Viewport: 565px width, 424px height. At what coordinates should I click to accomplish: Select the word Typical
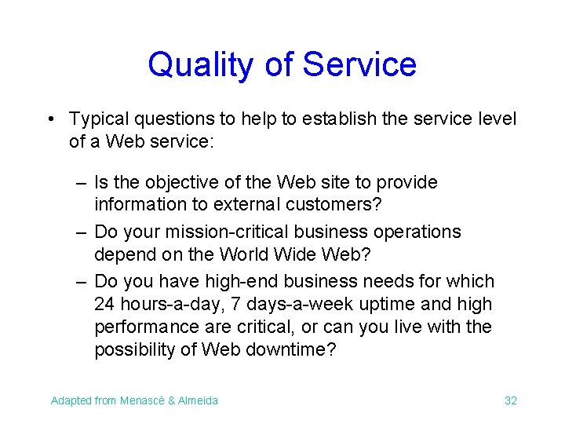pos(98,119)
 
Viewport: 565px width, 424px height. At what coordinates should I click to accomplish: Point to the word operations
pos(417,232)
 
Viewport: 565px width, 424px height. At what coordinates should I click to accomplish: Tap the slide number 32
pos(510,400)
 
